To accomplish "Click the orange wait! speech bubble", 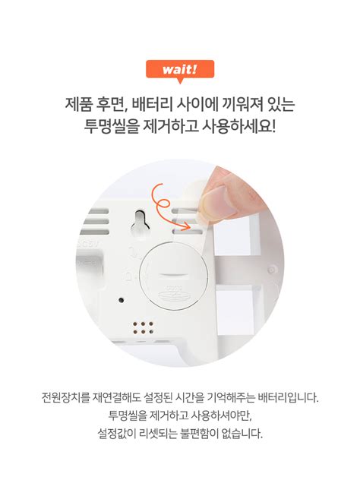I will [179, 70].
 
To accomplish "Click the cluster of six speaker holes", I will [144, 328].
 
